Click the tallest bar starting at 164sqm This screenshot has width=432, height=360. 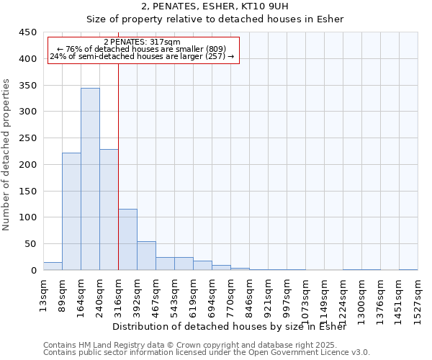(x=90, y=179)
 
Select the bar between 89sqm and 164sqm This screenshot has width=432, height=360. (x=71, y=212)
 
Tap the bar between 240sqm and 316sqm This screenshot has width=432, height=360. (x=109, y=210)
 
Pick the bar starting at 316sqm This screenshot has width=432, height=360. (x=127, y=240)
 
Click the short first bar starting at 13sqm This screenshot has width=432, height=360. (x=53, y=266)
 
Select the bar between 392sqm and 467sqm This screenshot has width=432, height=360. (x=146, y=256)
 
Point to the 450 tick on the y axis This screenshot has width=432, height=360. (x=27, y=32)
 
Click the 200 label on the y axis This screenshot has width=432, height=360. (x=27, y=164)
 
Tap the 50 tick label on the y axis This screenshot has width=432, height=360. (x=30, y=244)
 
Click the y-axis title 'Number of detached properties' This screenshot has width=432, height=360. (x=6, y=155)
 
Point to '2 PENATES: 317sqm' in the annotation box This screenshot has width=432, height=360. (x=143, y=42)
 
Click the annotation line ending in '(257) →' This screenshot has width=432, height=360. (x=143, y=56)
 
